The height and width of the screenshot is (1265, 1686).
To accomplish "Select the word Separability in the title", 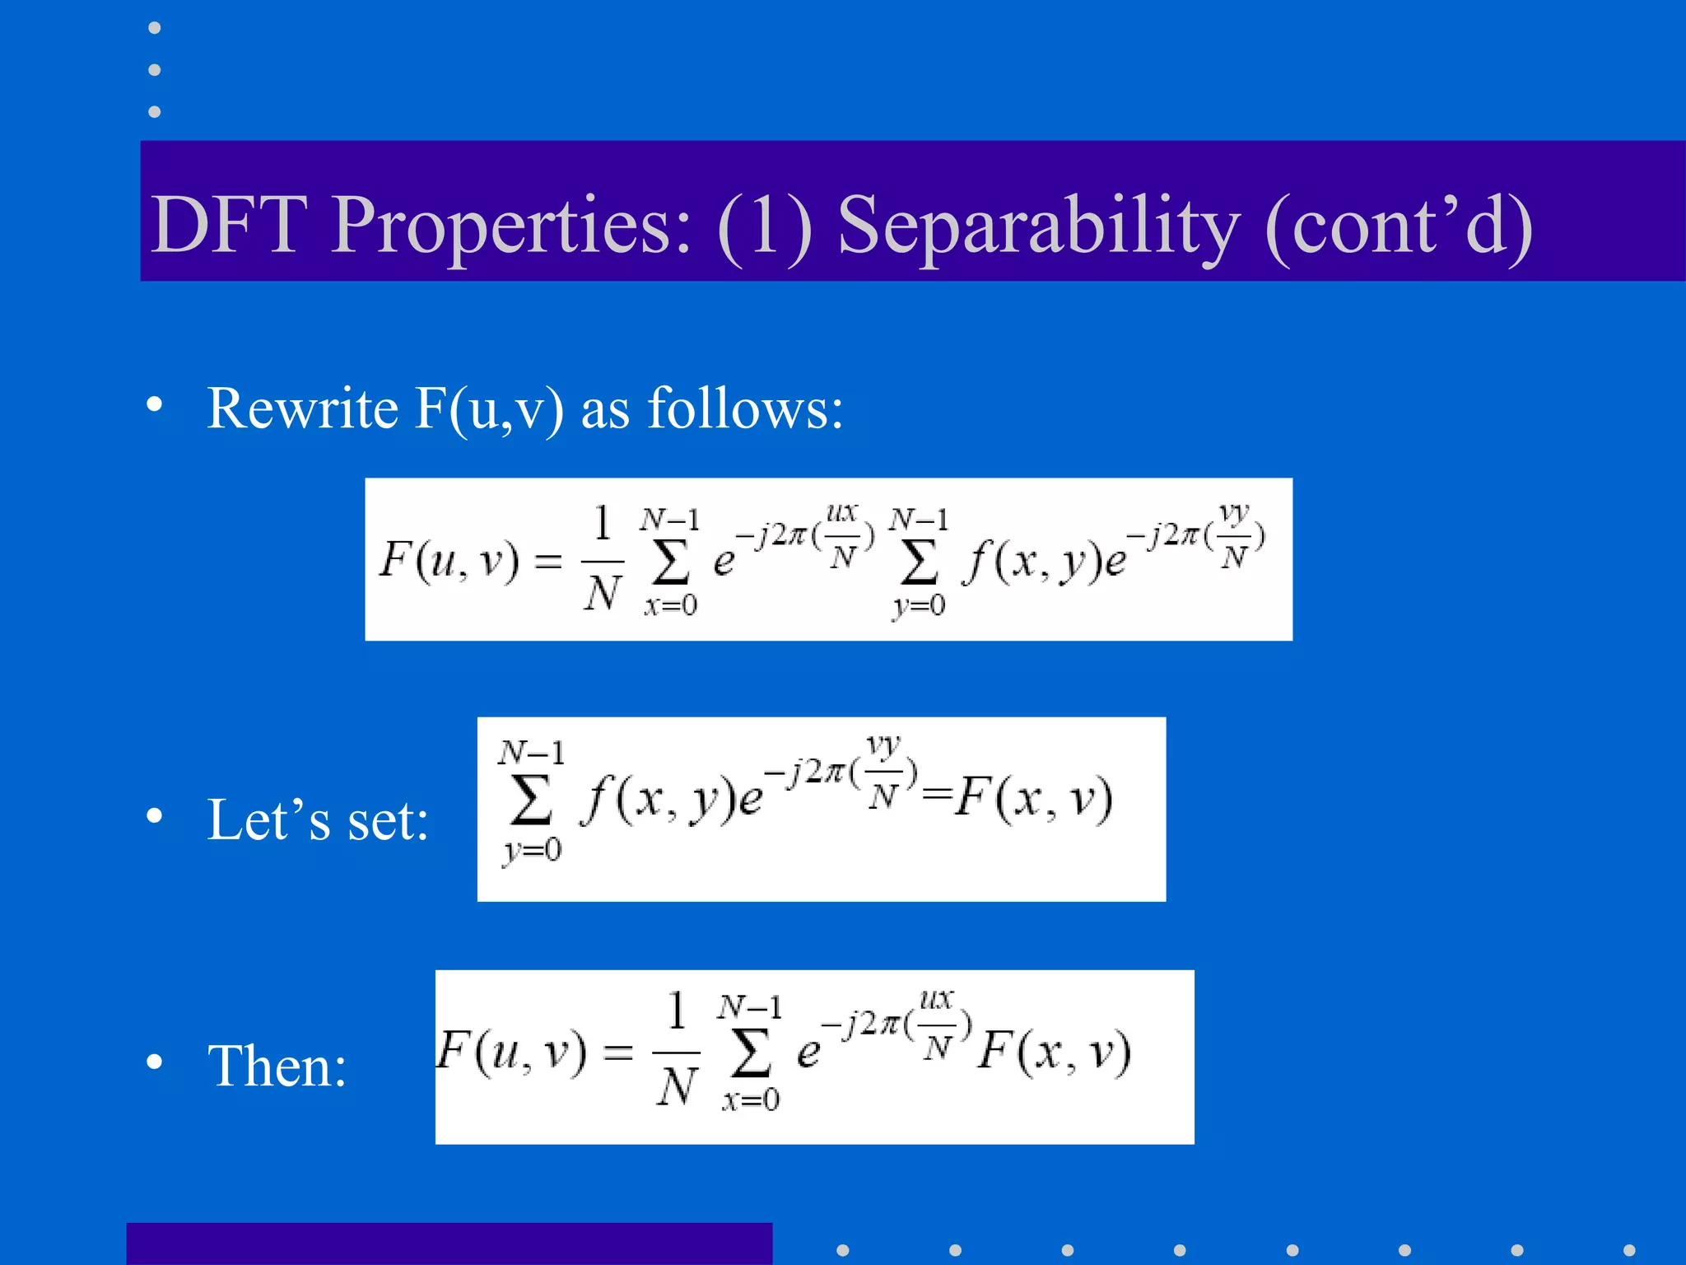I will click(1038, 226).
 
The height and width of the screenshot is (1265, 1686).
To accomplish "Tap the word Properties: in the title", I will click(511, 226).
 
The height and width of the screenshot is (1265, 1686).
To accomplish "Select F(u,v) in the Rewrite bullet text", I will click(489, 409).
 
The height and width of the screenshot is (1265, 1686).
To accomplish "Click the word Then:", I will click(277, 1066).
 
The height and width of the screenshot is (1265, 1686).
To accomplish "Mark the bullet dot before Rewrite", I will click(154, 404).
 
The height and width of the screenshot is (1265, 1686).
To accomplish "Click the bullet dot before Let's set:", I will click(154, 816).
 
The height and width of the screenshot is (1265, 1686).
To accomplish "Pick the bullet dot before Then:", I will click(154, 1062).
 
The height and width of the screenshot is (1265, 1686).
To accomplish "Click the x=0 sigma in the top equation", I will click(670, 563).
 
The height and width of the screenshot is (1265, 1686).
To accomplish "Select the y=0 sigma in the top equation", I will click(919, 563).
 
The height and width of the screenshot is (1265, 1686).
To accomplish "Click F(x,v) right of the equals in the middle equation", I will click(1034, 798).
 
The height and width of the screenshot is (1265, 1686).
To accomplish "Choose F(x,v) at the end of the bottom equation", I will click(1055, 1052).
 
